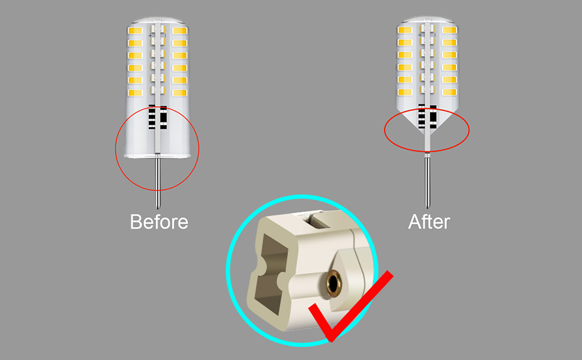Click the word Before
[x=159, y=221]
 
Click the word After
[x=428, y=221]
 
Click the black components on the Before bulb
[x=157, y=118]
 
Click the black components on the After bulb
[x=427, y=116]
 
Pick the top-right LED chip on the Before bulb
[x=179, y=31]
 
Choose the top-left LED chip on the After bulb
[x=405, y=29]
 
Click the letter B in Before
[x=136, y=221]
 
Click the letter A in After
[x=415, y=221]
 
